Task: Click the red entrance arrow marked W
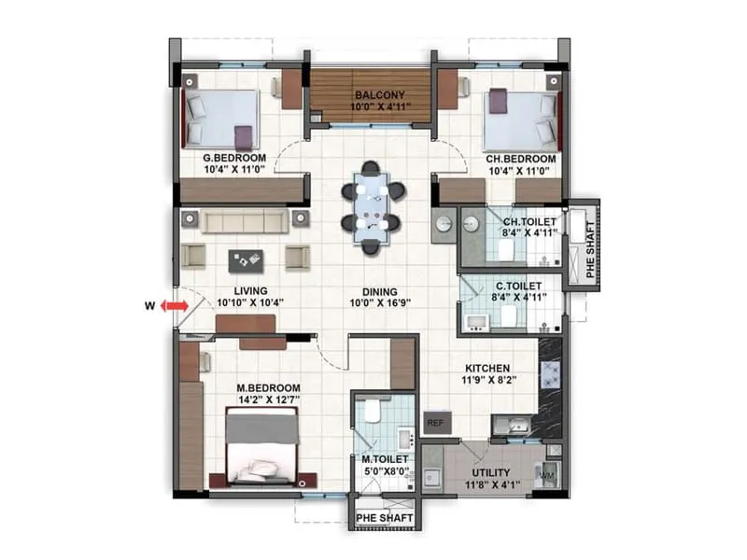pos(170,305)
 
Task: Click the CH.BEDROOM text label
pos(520,159)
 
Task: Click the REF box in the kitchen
pos(434,422)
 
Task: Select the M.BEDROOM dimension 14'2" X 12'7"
pos(268,401)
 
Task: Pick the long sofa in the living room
pos(245,220)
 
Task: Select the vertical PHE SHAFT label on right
pos(588,245)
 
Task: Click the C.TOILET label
pos(510,285)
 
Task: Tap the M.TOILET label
pos(381,458)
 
